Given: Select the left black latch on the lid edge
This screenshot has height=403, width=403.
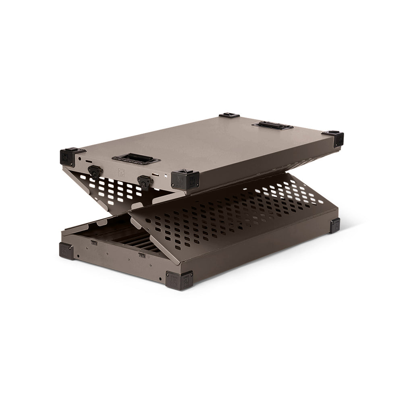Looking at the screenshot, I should point(94,172).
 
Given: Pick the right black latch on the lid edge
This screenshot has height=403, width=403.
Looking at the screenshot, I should point(143,181).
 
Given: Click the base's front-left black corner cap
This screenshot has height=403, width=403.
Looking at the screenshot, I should point(67,251).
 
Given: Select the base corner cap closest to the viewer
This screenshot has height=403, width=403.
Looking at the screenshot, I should point(178,278).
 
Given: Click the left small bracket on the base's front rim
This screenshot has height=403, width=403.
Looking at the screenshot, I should point(93,242).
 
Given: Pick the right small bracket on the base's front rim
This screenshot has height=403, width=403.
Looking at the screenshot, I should point(141,255).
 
